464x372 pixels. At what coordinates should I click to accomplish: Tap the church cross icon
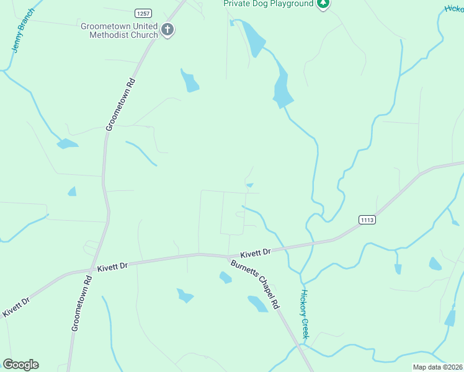coord(167,29)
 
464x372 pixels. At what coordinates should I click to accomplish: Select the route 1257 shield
coord(143,13)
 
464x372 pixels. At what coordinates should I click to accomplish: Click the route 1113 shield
coord(367,219)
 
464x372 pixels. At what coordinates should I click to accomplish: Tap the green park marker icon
coord(323,4)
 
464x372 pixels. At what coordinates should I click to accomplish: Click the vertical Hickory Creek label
coord(305,314)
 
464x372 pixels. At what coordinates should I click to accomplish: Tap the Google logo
coord(20,365)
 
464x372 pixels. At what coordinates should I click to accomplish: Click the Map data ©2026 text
coord(437,367)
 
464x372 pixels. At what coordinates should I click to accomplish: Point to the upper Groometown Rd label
coord(120,104)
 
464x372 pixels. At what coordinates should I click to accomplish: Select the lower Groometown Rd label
coord(81,303)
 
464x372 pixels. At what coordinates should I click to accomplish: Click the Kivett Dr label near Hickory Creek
coord(256,252)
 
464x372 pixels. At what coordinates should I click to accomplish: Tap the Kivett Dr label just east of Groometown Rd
coord(112,265)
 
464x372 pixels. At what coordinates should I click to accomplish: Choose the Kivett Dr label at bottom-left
coord(16,308)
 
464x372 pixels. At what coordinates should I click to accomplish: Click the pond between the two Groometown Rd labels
coord(72,192)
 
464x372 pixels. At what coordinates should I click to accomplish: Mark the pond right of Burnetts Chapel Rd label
coord(257,303)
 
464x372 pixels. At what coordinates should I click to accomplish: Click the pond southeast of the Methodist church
coord(190,81)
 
